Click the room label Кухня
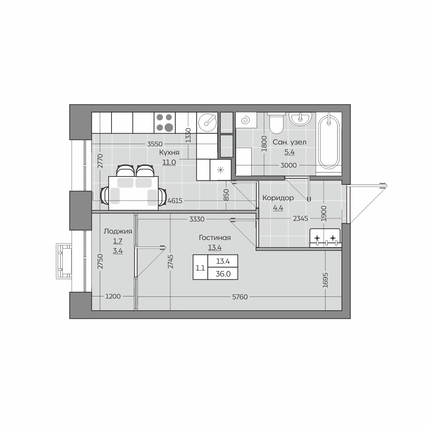click(169, 153)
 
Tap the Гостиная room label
click(215, 237)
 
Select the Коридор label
click(278, 198)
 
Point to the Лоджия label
click(118, 231)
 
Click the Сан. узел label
click(289, 142)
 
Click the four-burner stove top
click(165, 122)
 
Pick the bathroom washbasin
click(300, 119)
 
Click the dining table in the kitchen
click(133, 193)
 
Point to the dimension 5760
click(240, 297)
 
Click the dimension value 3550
click(155, 144)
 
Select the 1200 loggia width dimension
click(113, 296)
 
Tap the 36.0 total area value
click(223, 274)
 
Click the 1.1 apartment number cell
click(200, 268)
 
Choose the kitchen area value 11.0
click(169, 162)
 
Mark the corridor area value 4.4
click(278, 208)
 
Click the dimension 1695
click(325, 280)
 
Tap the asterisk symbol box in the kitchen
click(220, 170)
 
